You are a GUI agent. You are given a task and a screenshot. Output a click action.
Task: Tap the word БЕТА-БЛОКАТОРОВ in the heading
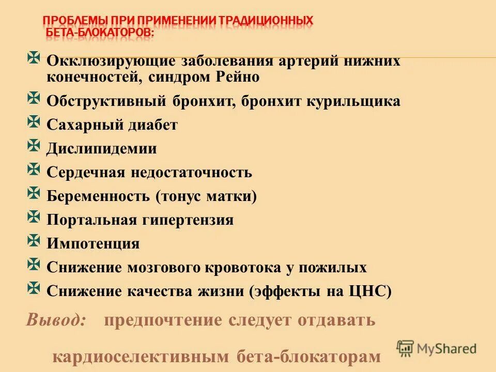pyautogui.click(x=99, y=32)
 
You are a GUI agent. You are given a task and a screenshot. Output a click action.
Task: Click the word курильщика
pyautogui.click(x=355, y=101)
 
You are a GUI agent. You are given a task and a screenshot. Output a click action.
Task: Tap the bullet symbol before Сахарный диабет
pyautogui.click(x=34, y=122)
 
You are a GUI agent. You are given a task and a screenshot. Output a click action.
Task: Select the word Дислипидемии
pyautogui.click(x=102, y=149)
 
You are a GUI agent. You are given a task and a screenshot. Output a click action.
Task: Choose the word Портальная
pyautogui.click(x=88, y=220)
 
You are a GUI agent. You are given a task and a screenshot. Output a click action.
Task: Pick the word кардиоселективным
pyautogui.click(x=141, y=357)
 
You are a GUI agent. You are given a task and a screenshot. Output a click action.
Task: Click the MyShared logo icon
pyautogui.click(x=406, y=348)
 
